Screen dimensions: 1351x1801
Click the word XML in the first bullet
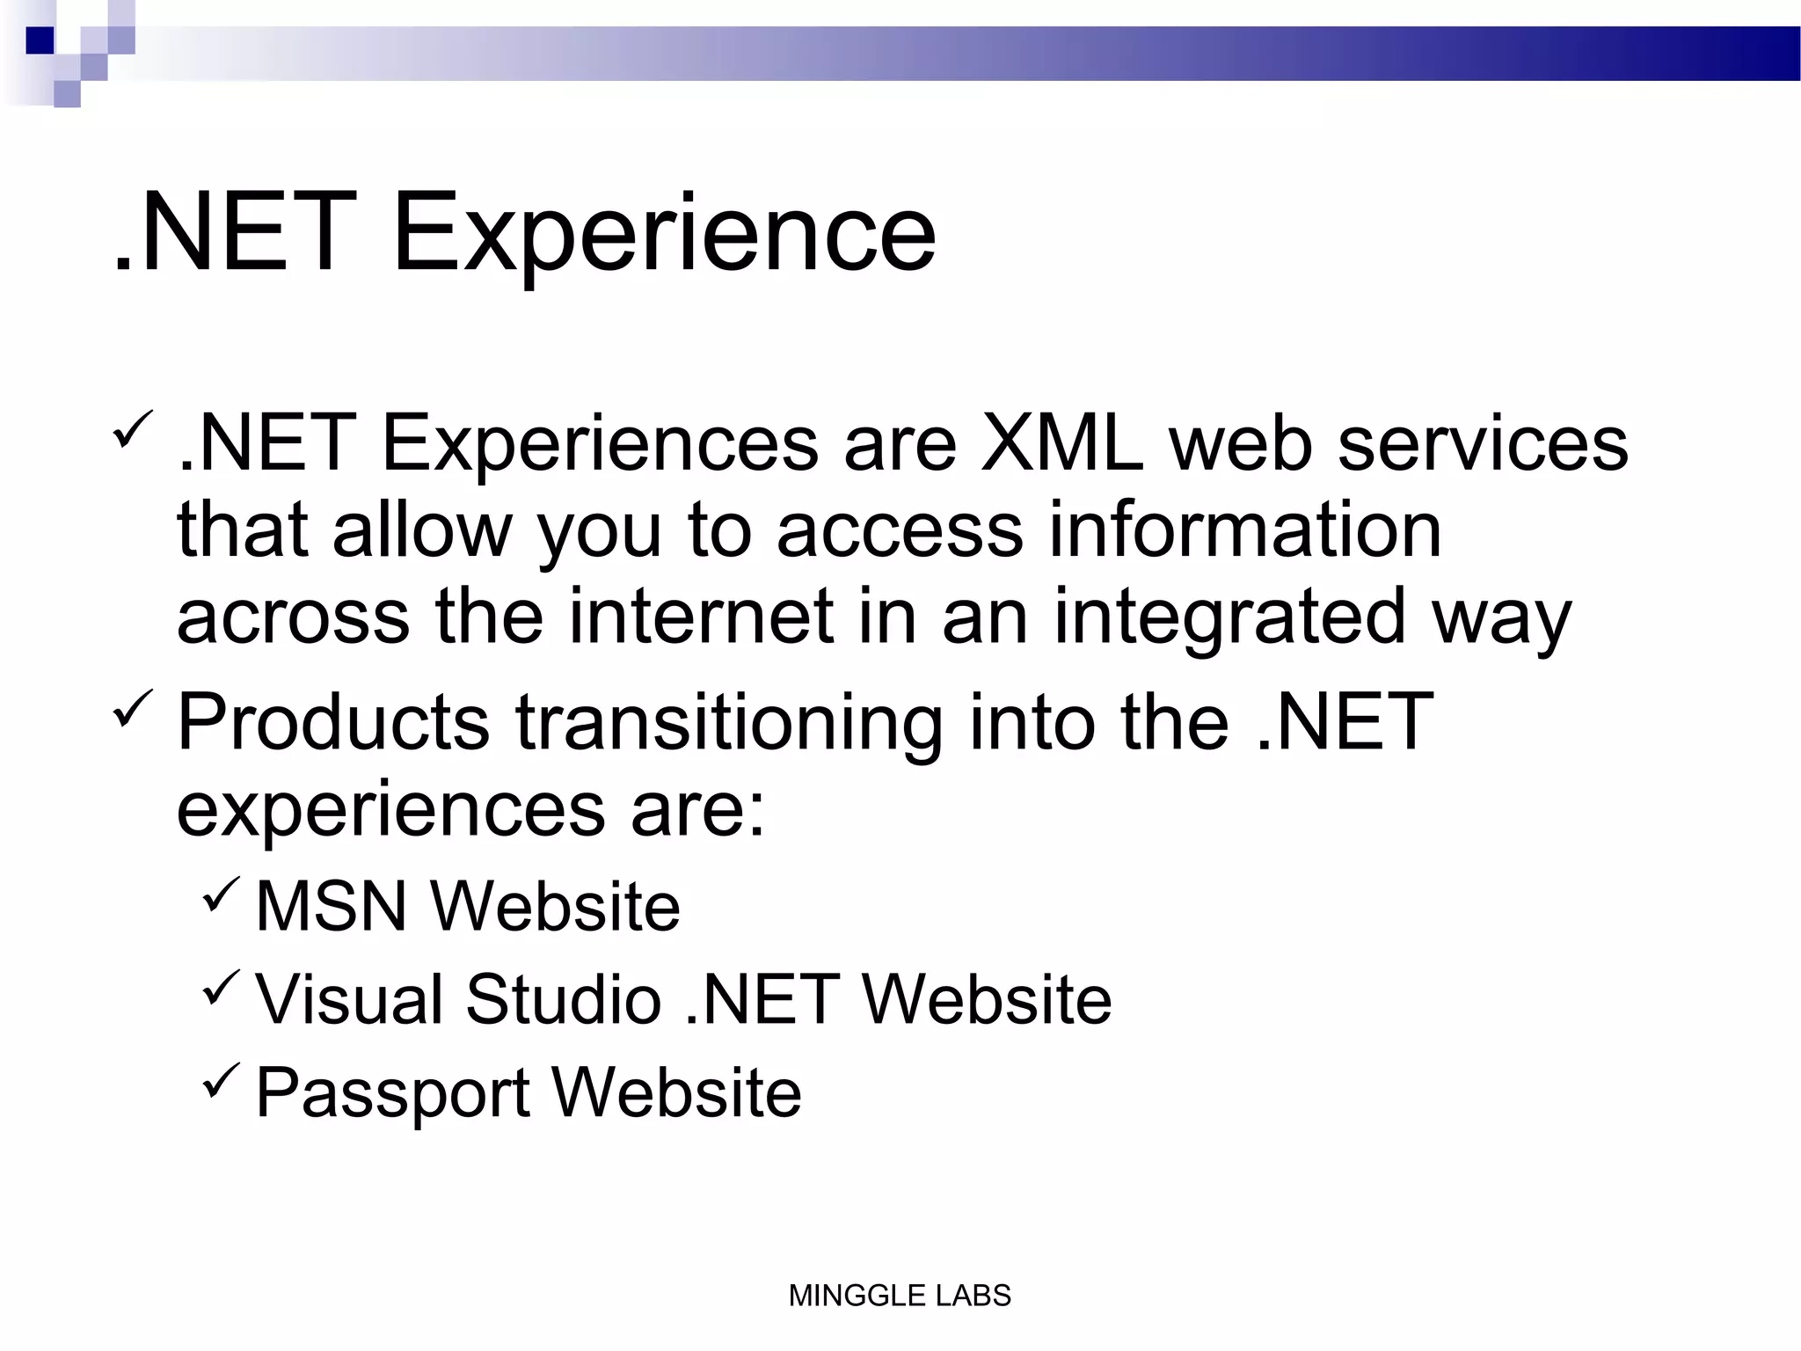click(x=1062, y=444)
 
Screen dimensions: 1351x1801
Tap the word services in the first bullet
click(x=1483, y=444)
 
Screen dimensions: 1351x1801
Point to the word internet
click(x=701, y=617)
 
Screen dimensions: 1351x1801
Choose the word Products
click(x=333, y=722)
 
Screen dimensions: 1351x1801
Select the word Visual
click(x=349, y=1000)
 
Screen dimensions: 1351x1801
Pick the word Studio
click(x=563, y=1000)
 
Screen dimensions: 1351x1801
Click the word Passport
click(x=392, y=1094)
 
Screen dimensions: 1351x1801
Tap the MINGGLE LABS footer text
click(x=900, y=1296)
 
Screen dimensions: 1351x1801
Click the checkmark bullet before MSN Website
click(x=220, y=895)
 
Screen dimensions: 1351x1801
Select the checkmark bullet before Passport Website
click(x=220, y=1081)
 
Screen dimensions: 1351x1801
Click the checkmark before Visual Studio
click(x=220, y=987)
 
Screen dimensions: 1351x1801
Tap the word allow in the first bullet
click(x=422, y=530)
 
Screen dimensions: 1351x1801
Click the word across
click(x=294, y=618)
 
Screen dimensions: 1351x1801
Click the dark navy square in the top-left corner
click(x=40, y=40)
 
